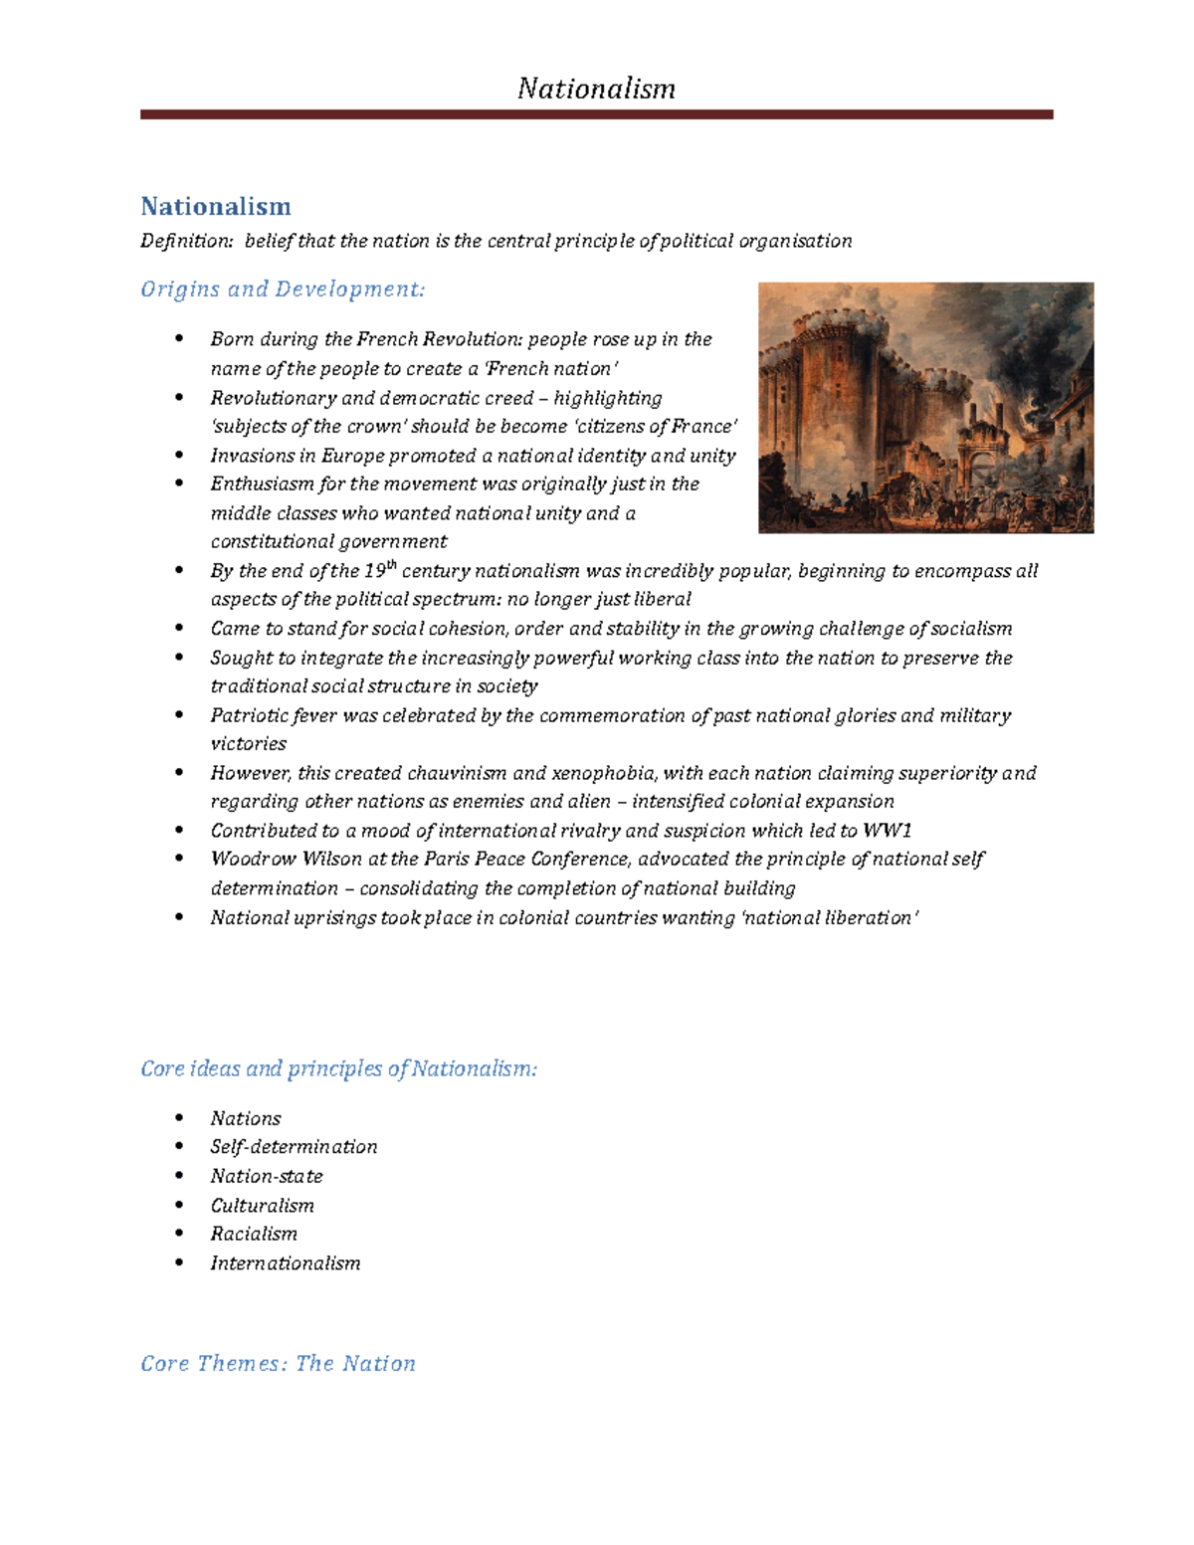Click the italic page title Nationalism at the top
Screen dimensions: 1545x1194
(x=596, y=90)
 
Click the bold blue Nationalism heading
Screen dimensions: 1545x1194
(x=216, y=206)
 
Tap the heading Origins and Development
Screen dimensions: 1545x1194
(x=283, y=290)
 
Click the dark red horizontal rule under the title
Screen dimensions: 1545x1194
(x=596, y=115)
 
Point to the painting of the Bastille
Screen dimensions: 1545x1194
(x=925, y=408)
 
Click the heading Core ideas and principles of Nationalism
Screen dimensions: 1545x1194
(x=338, y=1068)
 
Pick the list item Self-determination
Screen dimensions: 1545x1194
(x=294, y=1147)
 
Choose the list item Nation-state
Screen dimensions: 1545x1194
(x=267, y=1176)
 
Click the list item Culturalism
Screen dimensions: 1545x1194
(x=262, y=1205)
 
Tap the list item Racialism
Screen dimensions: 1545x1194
(x=254, y=1234)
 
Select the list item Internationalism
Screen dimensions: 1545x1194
(x=285, y=1263)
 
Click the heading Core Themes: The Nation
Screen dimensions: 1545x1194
(x=278, y=1363)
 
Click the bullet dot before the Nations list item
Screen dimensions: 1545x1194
(x=179, y=1117)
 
